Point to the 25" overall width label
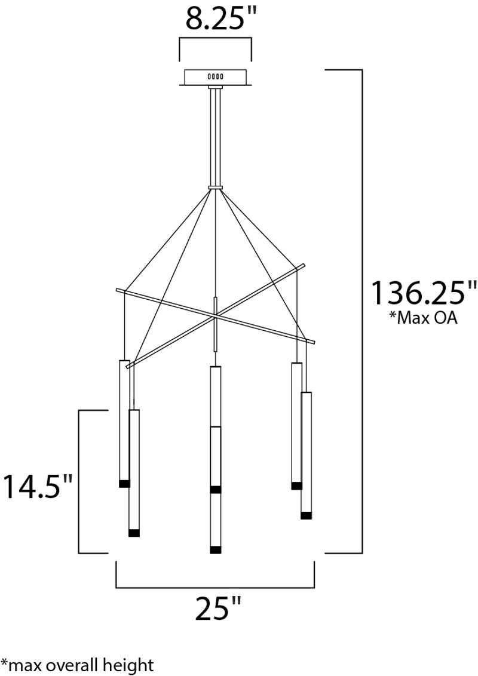[217, 607]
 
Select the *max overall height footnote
[77, 664]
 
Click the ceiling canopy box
[215, 78]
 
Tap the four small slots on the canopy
[215, 77]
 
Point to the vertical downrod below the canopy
[215, 136]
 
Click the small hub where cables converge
[215, 188]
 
